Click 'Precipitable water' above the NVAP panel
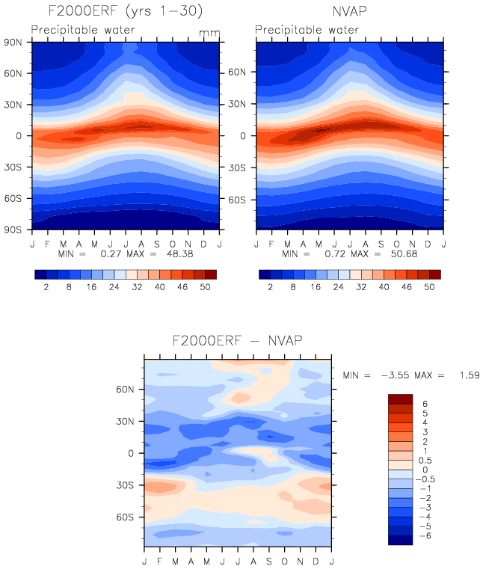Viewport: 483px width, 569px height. click(x=307, y=30)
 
